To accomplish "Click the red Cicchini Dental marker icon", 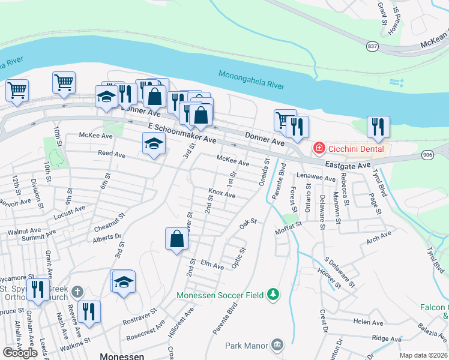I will point(319,147).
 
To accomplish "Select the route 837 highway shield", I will point(373,46).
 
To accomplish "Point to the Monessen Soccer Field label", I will point(220,295).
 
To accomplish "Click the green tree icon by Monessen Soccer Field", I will point(274,294).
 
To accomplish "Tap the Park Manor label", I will point(247,345).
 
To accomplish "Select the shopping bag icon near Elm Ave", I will point(177,239).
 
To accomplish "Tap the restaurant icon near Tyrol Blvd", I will point(378,126).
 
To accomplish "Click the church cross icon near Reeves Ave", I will point(76,292).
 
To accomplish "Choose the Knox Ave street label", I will point(221,194).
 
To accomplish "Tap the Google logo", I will point(20,352).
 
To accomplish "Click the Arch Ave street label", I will point(379,237).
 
